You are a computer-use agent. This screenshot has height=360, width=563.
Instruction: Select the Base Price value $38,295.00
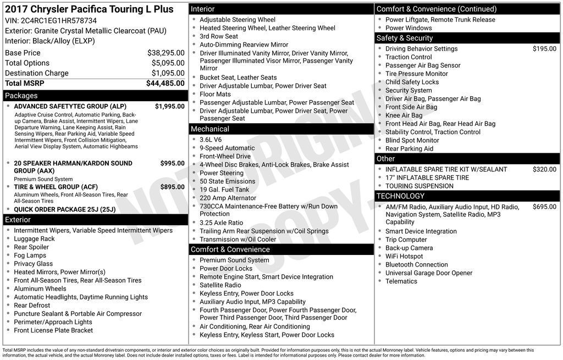pos(165,53)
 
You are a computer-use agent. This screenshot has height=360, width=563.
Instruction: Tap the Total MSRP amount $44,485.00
pos(165,83)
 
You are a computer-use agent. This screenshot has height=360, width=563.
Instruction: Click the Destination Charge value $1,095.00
pos(168,73)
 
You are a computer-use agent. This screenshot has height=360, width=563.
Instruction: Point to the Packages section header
pos(21,96)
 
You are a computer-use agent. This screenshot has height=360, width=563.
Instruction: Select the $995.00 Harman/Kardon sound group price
pos(172,163)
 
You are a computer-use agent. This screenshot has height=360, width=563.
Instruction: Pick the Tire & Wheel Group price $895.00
pos(172,187)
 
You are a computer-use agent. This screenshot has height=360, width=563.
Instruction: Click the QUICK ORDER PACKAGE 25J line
pos(65,209)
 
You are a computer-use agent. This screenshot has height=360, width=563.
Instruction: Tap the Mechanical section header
pos(210,129)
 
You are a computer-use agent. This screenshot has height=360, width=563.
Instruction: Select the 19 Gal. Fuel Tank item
pos(224,190)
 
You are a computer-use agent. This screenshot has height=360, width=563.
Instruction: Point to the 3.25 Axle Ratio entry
pos(221,223)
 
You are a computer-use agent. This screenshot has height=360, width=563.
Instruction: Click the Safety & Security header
pos(405,38)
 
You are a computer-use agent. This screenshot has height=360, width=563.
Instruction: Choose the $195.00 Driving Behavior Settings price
pos(544,48)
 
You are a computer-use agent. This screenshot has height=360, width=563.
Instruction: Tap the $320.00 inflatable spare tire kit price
pos(544,169)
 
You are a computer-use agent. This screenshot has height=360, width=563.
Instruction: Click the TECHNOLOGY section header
pos(400,196)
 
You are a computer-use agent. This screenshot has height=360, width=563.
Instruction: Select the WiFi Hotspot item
pos(404,256)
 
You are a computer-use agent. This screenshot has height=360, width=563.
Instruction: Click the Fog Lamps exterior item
pos(30,256)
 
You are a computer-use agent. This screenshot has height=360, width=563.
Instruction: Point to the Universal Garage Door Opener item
pos(429,273)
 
